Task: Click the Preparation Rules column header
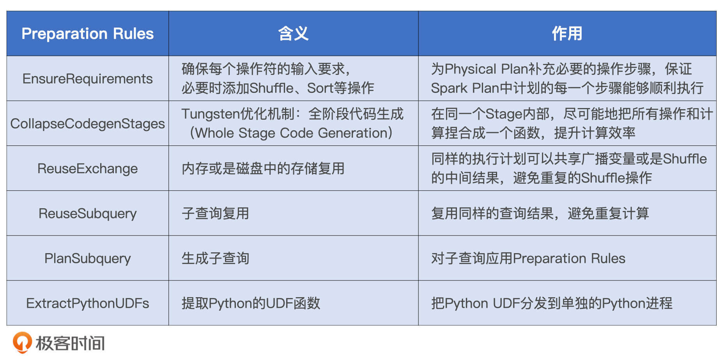coord(87,34)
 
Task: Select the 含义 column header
coord(293,34)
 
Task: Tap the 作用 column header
coord(567,34)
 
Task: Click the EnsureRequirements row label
coord(87,79)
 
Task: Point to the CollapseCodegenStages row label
coord(87,124)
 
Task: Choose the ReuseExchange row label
coord(87,168)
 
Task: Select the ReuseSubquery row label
coord(87,213)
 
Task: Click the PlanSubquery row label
coord(87,258)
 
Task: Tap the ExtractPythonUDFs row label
coord(87,303)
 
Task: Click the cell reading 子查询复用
coord(215,213)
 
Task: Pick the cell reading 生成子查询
coord(215,258)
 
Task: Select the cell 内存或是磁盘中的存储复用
coord(263,168)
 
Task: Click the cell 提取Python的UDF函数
coord(251,303)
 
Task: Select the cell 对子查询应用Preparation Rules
coord(528,258)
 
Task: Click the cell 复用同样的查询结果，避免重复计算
coord(540,213)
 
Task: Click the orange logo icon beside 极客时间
coord(22,342)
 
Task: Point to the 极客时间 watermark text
coord(70,343)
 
